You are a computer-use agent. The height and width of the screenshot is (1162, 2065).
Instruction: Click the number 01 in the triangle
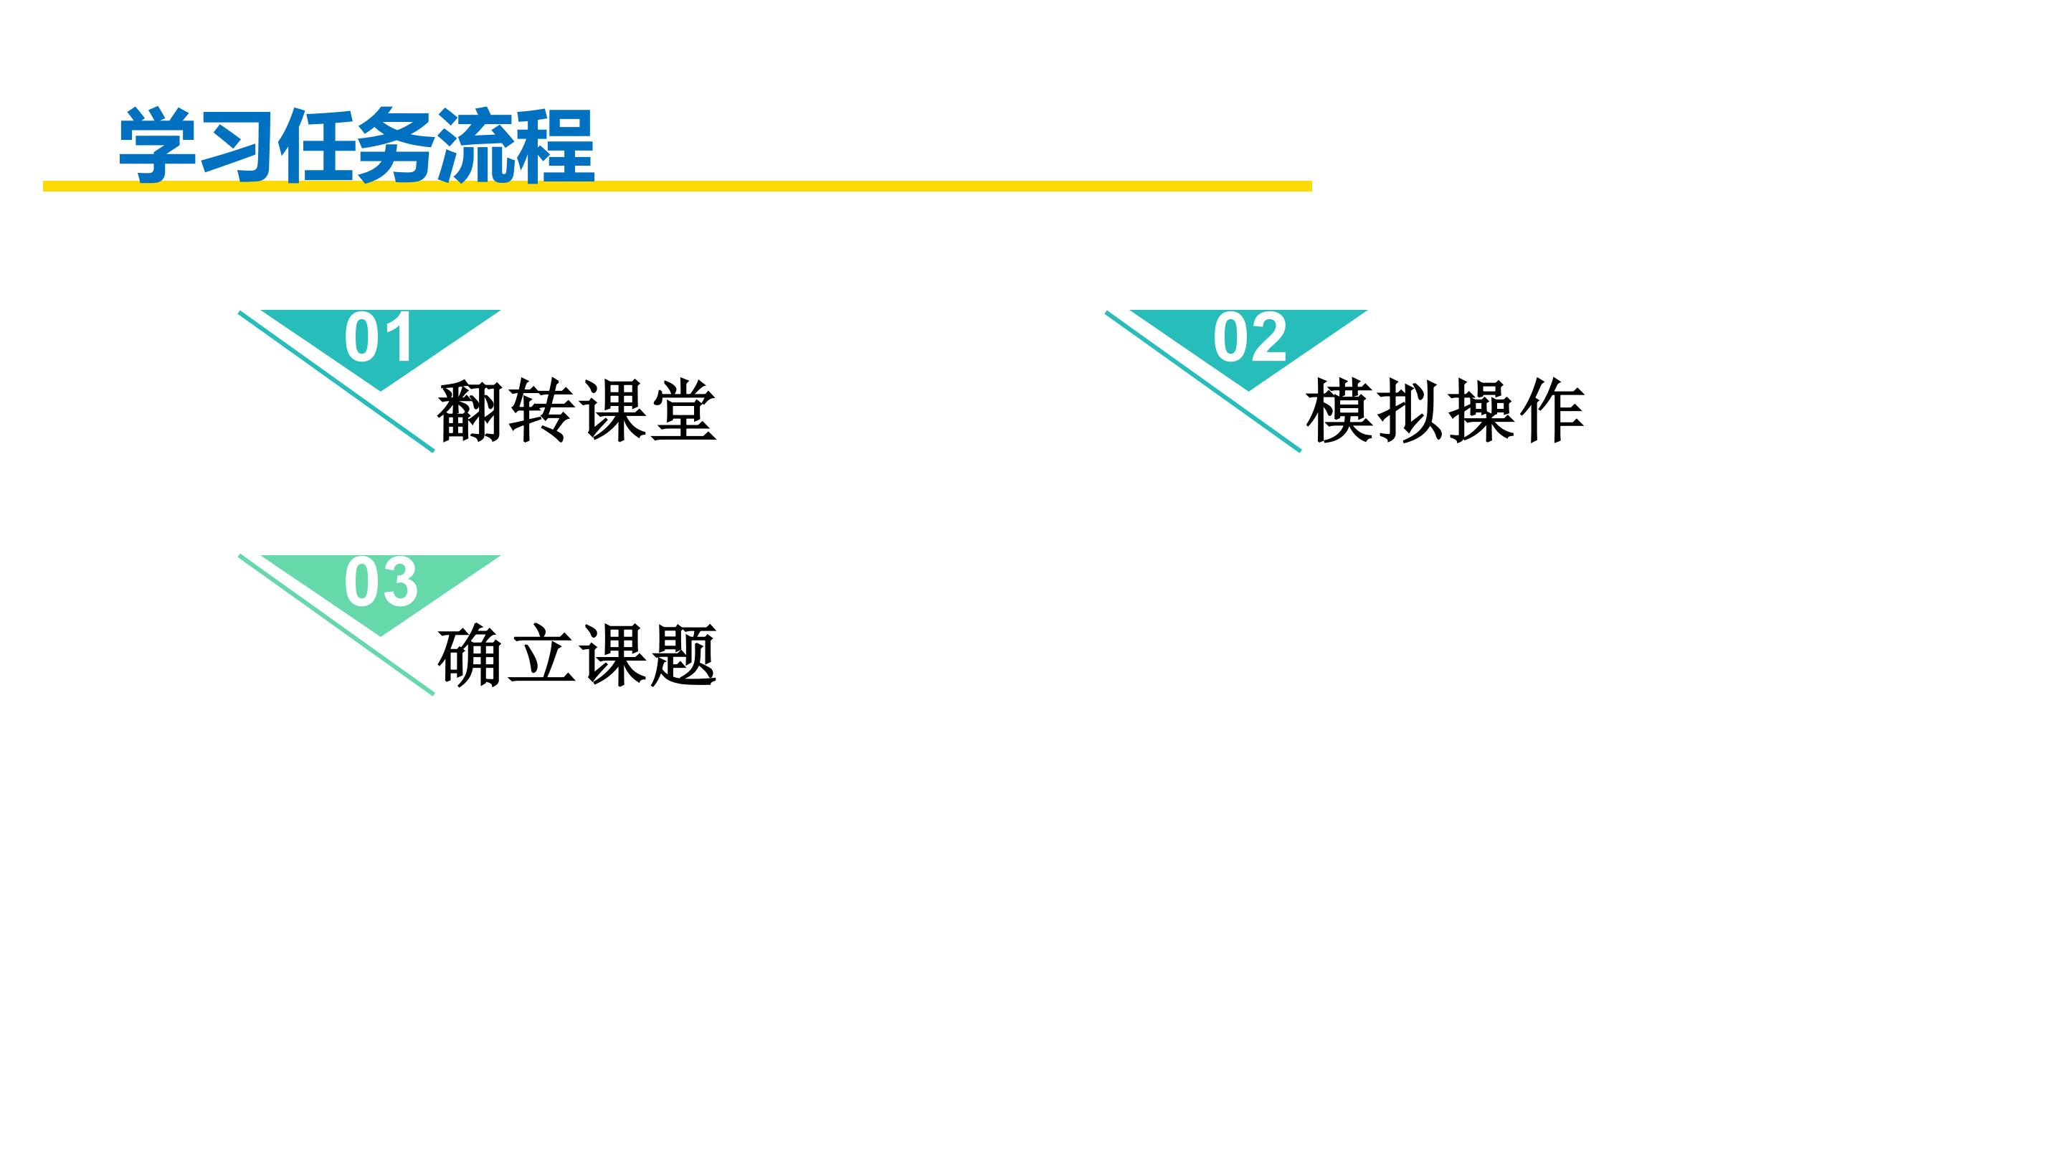tap(379, 338)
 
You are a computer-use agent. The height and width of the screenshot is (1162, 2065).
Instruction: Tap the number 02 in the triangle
tap(1249, 338)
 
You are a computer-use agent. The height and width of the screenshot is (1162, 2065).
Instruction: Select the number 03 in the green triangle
tap(381, 582)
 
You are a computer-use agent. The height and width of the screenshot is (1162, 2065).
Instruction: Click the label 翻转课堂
tap(576, 410)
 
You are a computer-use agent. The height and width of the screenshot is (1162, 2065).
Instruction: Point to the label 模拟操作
tap(1445, 410)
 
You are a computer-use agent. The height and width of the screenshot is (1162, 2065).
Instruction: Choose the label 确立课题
tap(576, 655)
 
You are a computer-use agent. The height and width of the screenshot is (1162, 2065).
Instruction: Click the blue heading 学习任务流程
tap(357, 145)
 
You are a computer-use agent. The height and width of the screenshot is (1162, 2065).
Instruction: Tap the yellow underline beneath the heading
tap(678, 186)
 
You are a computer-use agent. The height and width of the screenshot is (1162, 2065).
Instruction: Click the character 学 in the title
tap(158, 145)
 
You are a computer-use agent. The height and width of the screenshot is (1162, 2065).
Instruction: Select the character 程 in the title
tap(556, 145)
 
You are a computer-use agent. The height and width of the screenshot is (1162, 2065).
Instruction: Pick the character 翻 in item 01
tap(470, 410)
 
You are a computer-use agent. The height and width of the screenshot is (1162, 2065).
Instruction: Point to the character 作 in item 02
tap(1551, 410)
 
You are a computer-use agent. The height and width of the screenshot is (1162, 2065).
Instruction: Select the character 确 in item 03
tap(470, 655)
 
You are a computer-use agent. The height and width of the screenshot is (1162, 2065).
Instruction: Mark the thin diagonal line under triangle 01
tap(337, 382)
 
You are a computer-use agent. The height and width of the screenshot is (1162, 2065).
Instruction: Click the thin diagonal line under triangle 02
tap(1203, 382)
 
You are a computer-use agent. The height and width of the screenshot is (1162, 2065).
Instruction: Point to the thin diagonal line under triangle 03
tap(337, 625)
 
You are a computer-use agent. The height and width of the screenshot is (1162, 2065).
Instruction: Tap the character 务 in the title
tap(396, 145)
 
